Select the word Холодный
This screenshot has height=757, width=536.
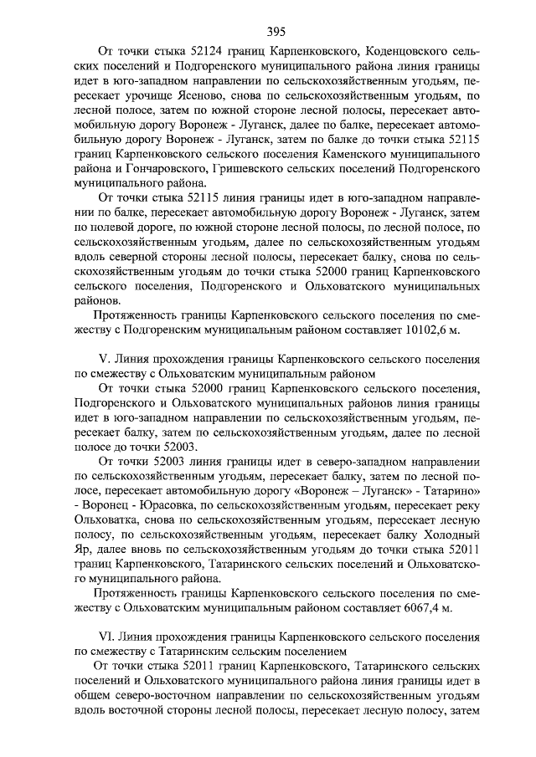(x=449, y=533)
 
